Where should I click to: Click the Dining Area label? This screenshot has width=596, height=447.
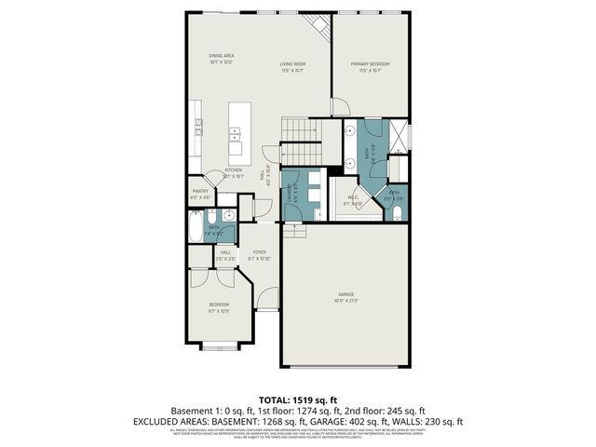coord(221,56)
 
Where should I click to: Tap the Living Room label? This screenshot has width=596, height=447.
coord(293,64)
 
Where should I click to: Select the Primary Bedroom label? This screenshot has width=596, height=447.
coord(370,64)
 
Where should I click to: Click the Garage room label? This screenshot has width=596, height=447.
coord(345,294)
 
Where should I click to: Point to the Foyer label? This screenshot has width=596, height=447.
coord(259,251)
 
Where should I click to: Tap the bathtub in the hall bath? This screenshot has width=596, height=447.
coord(196,226)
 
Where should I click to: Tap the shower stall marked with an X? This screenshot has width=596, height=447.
coord(399,134)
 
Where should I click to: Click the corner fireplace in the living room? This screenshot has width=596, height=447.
coord(318,27)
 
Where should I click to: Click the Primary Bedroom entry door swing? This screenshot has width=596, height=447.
coord(341,107)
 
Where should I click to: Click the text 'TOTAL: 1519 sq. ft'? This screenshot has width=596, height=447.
coord(297,398)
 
